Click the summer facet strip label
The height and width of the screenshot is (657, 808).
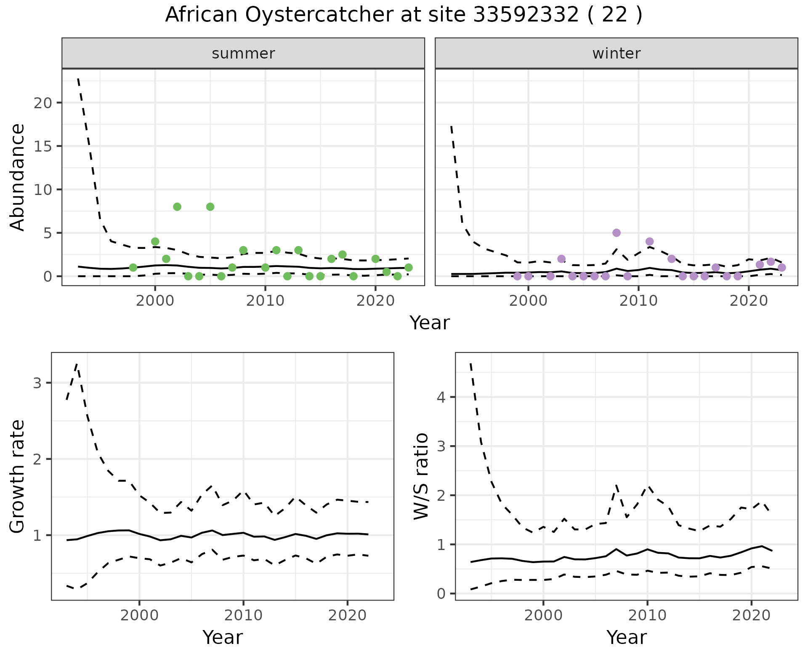pyautogui.click(x=243, y=53)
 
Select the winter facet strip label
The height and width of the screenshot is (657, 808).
pyautogui.click(x=616, y=53)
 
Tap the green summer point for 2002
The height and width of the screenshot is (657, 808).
pyautogui.click(x=177, y=207)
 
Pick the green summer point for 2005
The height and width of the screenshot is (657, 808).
pyautogui.click(x=210, y=207)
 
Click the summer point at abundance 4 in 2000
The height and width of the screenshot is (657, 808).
pyautogui.click(x=155, y=241)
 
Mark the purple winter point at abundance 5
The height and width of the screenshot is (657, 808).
pyautogui.click(x=617, y=233)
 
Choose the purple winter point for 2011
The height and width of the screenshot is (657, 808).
pyautogui.click(x=649, y=241)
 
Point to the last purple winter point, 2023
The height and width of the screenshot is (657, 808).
pyautogui.click(x=782, y=267)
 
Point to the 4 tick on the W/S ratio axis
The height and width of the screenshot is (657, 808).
pyautogui.click(x=441, y=397)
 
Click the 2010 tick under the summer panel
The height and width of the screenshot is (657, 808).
pyautogui.click(x=265, y=302)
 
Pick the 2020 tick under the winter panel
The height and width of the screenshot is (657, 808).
pyautogui.click(x=749, y=302)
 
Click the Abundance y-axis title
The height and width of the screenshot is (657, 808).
pyautogui.click(x=18, y=177)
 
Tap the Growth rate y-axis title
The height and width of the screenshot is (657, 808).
pyautogui.click(x=18, y=476)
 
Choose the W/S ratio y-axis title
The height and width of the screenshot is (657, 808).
pyautogui.click(x=421, y=476)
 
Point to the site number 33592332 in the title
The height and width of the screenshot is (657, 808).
pyautogui.click(x=526, y=15)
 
